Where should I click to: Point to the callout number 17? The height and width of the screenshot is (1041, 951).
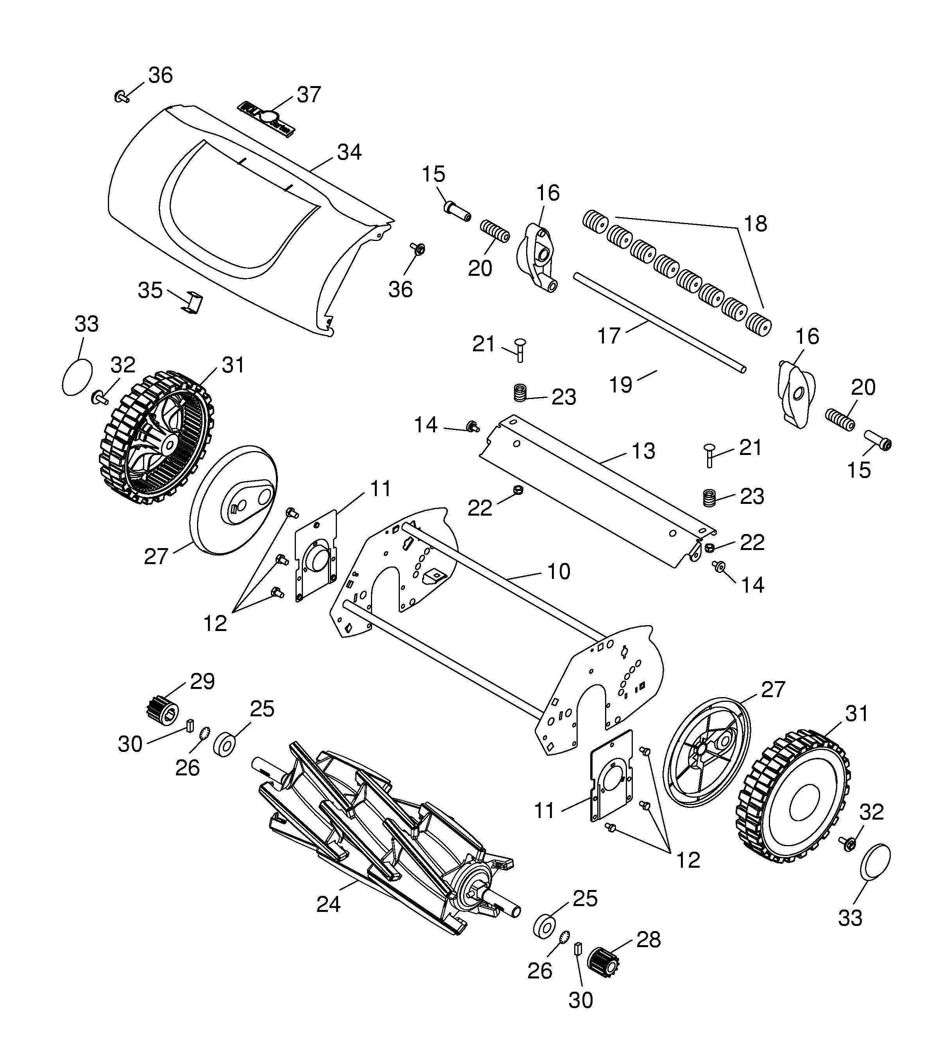coord(609,336)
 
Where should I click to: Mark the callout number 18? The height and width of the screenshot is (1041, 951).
coord(756,224)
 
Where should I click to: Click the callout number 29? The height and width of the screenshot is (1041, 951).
coord(202,681)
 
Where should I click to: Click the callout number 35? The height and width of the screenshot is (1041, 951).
coord(150,290)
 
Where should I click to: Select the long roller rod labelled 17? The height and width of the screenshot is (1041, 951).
coord(661,322)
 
